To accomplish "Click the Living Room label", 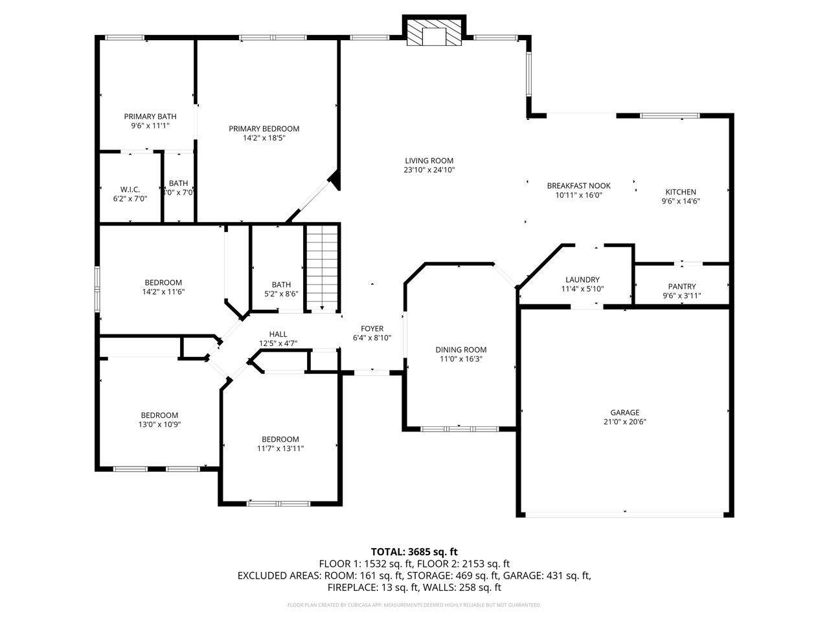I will [429, 161].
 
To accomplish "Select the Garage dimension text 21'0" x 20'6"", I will [624, 422].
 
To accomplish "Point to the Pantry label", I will [681, 286].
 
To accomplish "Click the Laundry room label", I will [582, 280].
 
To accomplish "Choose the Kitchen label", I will [681, 192].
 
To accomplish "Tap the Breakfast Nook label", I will [578, 185].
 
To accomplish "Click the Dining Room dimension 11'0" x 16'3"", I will [460, 359].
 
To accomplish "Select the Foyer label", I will [372, 328].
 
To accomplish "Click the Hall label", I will [278, 334].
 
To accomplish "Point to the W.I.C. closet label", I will [130, 190].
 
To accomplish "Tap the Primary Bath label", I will [150, 117].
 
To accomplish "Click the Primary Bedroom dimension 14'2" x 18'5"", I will [264, 138].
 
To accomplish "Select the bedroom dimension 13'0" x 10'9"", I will [159, 425].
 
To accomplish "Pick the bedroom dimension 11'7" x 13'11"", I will [280, 448].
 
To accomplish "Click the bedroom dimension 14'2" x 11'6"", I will [163, 292].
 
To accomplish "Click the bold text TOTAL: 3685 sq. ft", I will [414, 551].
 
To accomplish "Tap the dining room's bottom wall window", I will [459, 428].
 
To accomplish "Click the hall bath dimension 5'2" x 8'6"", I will [281, 294].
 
